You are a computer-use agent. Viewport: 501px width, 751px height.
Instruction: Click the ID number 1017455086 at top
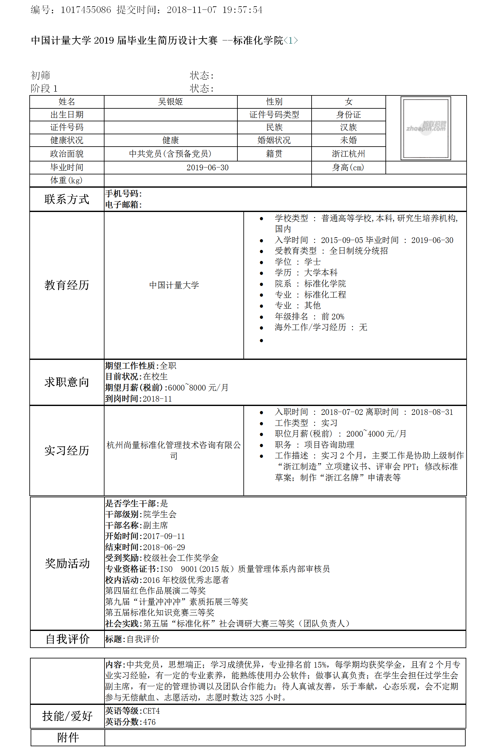tap(86, 10)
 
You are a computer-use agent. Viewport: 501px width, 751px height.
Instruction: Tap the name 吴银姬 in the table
tap(170, 102)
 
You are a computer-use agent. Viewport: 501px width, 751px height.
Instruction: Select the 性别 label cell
tap(274, 102)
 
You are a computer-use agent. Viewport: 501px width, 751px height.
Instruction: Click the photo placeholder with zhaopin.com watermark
tap(426, 128)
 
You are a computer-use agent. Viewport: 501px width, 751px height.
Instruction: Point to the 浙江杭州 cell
tap(348, 154)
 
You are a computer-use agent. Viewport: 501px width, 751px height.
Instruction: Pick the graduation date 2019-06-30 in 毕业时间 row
tap(207, 167)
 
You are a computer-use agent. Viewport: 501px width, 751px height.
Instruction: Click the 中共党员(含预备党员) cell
tap(170, 154)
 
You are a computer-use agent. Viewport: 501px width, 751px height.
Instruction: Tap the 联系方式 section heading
tap(67, 199)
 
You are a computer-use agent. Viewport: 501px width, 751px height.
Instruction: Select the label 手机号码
tap(123, 193)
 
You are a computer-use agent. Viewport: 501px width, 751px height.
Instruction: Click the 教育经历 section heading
tap(67, 285)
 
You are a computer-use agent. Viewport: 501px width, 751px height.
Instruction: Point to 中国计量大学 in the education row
tap(174, 285)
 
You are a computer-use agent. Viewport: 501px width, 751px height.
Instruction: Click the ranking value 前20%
tap(333, 317)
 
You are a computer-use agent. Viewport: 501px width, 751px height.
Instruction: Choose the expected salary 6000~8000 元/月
tap(198, 387)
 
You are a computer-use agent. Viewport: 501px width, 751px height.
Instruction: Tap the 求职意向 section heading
tap(67, 382)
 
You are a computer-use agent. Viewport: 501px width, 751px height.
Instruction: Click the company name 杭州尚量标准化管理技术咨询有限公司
tap(174, 450)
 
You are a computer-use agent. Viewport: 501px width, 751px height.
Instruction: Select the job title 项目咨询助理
tap(329, 445)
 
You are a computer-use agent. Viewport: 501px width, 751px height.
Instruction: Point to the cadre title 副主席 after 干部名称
tap(155, 525)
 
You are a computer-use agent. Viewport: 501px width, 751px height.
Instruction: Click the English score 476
tap(149, 722)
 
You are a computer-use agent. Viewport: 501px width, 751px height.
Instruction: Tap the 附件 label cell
tap(68, 737)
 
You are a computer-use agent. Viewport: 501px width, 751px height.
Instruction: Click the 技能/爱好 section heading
tap(68, 716)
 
